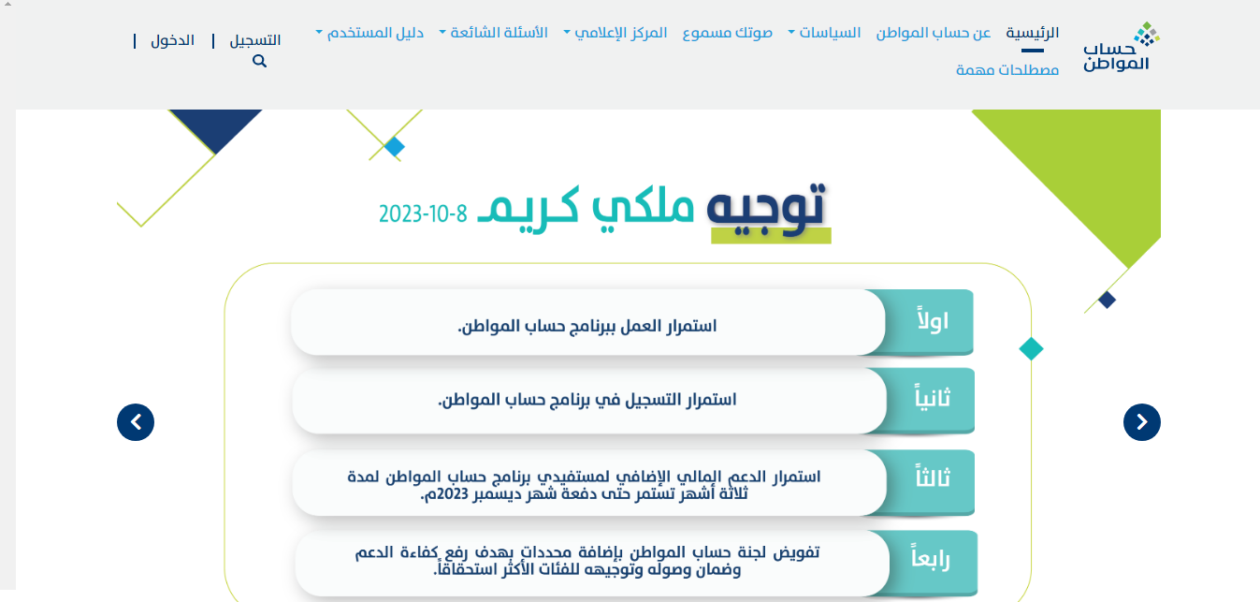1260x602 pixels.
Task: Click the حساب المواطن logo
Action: tap(1121, 48)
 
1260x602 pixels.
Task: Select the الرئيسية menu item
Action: tap(1032, 33)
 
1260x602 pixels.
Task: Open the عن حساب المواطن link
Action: tap(934, 33)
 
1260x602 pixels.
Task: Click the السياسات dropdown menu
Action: tap(825, 33)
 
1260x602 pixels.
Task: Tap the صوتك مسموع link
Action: tap(728, 33)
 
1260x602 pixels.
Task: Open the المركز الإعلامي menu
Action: tap(616, 33)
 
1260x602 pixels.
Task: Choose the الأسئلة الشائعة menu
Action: tap(493, 33)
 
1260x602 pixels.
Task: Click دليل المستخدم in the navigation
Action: tap(369, 33)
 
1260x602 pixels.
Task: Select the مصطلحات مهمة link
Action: tap(1007, 70)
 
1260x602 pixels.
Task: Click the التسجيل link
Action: tap(254, 40)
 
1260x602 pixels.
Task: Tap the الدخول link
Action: tap(172, 40)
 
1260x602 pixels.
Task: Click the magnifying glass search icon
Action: tap(259, 61)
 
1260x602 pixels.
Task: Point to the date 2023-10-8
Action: tap(423, 214)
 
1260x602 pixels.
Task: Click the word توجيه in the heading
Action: tap(767, 207)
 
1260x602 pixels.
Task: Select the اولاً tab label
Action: tap(933, 320)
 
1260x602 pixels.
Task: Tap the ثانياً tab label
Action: tap(933, 398)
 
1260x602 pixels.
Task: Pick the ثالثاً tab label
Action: tap(933, 477)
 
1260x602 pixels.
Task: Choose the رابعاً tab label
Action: tap(931, 558)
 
